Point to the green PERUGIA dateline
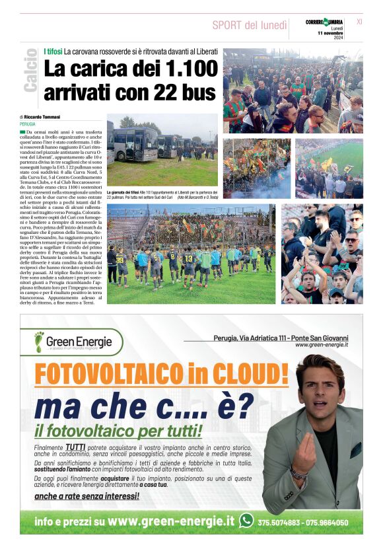(28, 124)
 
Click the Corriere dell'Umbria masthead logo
(324, 22)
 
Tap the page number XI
(359, 22)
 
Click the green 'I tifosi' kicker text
(53, 51)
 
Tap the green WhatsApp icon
(246, 521)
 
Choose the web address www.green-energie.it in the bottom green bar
(171, 521)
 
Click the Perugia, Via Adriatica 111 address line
(281, 338)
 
